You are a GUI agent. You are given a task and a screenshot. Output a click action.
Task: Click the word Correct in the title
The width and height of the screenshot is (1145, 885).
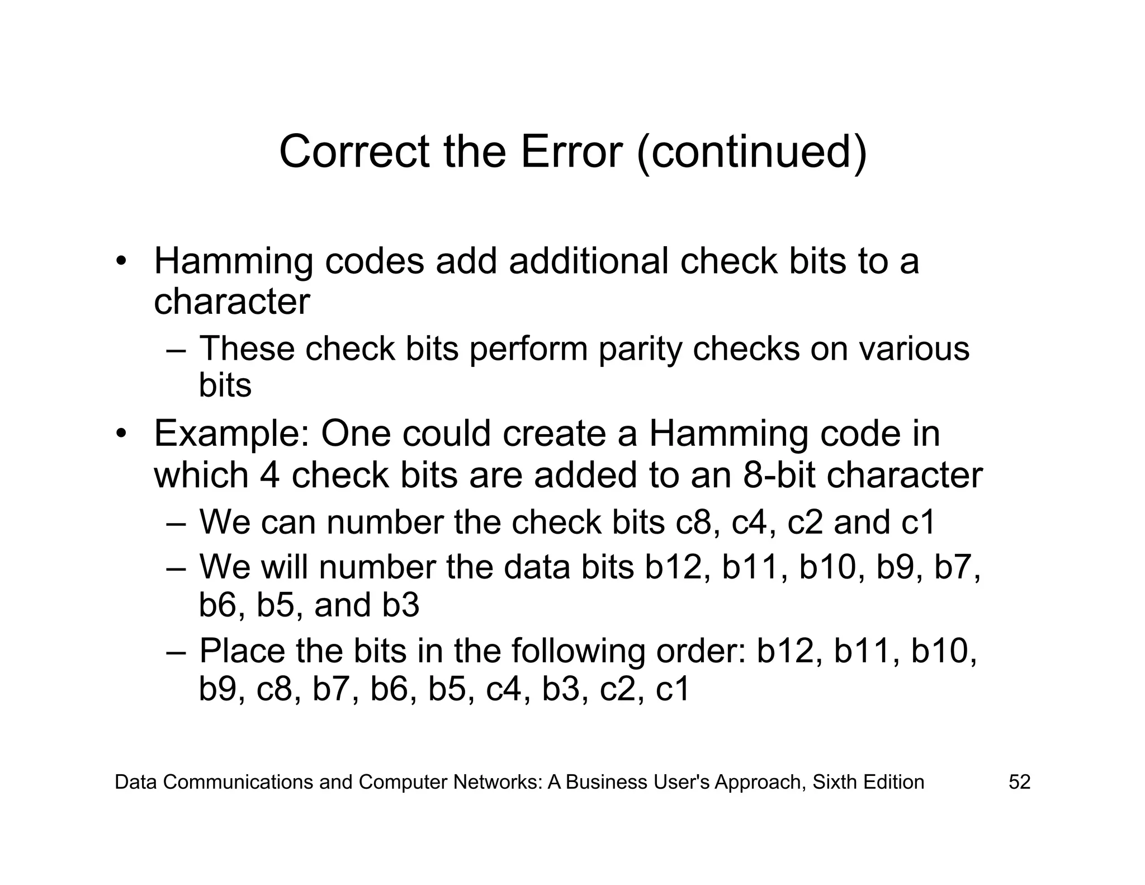[x=354, y=152]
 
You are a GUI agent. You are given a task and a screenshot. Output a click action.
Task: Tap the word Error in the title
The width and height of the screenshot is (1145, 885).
[x=571, y=152]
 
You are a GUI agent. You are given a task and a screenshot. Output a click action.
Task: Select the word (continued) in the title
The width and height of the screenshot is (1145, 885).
[x=752, y=153]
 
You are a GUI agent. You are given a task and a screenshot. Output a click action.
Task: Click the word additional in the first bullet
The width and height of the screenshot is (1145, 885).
[x=588, y=261]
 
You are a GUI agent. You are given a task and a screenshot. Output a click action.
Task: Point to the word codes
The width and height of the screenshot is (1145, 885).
[x=374, y=261]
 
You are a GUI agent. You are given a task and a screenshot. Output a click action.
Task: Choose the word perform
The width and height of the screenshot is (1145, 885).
[x=528, y=349]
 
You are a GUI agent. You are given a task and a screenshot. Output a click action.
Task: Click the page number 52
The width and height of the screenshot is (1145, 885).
[x=1019, y=782]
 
